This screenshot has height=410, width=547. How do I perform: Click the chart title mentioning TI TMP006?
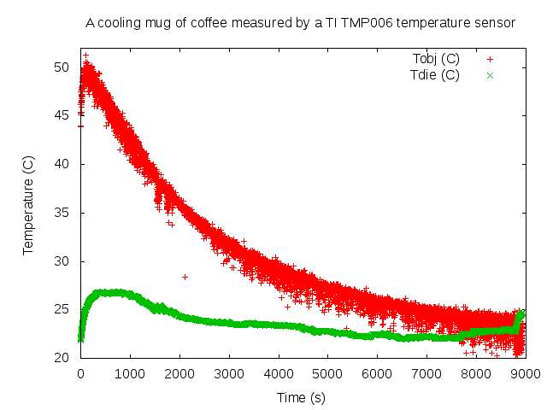pos(300,23)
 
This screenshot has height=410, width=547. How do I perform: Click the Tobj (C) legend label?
pos(435,59)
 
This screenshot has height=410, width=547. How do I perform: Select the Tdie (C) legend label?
pos(435,75)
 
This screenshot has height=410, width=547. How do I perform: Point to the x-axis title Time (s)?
pos(300,397)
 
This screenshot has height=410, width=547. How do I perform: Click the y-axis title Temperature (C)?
pos(27,205)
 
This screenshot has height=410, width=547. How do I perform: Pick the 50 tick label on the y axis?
pos(62,67)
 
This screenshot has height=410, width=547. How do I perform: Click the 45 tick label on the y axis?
pos(62,115)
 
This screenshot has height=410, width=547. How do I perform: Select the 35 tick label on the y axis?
pos(62,213)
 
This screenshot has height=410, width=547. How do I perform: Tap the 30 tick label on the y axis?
pos(62,261)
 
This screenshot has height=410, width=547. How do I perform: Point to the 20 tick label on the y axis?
pos(62,358)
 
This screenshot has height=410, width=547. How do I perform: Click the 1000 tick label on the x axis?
pos(129,373)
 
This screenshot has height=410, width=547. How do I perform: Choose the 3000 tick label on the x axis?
pos(228,373)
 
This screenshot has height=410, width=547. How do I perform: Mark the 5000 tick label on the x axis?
pos(327,373)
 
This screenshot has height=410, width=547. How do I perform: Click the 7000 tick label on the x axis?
pos(426,373)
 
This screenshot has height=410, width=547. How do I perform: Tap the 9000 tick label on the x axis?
pos(525,373)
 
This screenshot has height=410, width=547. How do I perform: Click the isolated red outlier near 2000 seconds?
pos(185,277)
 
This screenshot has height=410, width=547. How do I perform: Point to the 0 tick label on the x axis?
pos(80,373)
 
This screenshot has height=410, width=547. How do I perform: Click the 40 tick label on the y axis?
pos(62,164)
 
